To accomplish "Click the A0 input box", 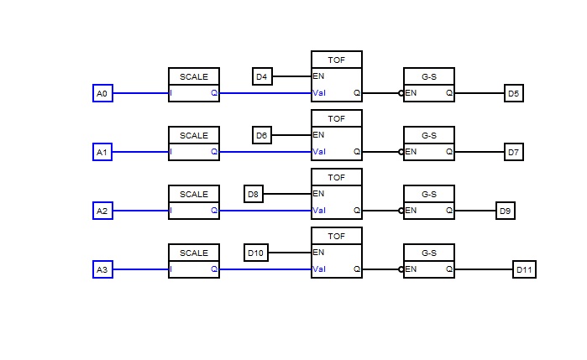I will click(102, 93).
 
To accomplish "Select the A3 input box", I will click(102, 269).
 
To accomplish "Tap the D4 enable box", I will click(262, 76).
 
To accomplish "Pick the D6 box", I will click(262, 135).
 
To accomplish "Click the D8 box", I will click(254, 194).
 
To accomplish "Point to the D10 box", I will click(256, 253).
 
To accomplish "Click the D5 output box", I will click(514, 93).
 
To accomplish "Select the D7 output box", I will click(514, 152).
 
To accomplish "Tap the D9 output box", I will click(506, 211).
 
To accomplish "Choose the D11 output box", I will click(524, 269).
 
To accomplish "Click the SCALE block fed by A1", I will click(194, 143).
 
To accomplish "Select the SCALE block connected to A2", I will click(194, 202).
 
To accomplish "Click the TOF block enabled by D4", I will click(337, 76).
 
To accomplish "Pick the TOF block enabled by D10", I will click(337, 253).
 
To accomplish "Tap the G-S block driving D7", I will click(429, 143).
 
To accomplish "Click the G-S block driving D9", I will click(429, 202).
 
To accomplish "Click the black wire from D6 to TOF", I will click(291, 135).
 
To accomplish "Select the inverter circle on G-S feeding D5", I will click(401, 93).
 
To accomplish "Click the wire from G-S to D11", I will click(484, 269).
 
